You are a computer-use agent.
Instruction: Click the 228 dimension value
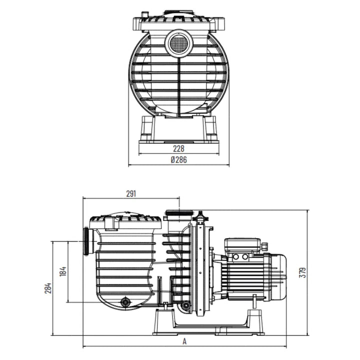(x=178, y=148)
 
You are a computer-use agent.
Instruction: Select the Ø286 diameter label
(x=179, y=159)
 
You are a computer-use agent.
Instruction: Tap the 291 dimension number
(x=131, y=194)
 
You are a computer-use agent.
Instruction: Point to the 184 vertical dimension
(x=63, y=271)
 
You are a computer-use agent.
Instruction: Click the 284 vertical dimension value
(x=48, y=288)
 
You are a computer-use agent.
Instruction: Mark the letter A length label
(x=184, y=341)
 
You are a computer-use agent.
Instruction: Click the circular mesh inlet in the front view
(x=179, y=43)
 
